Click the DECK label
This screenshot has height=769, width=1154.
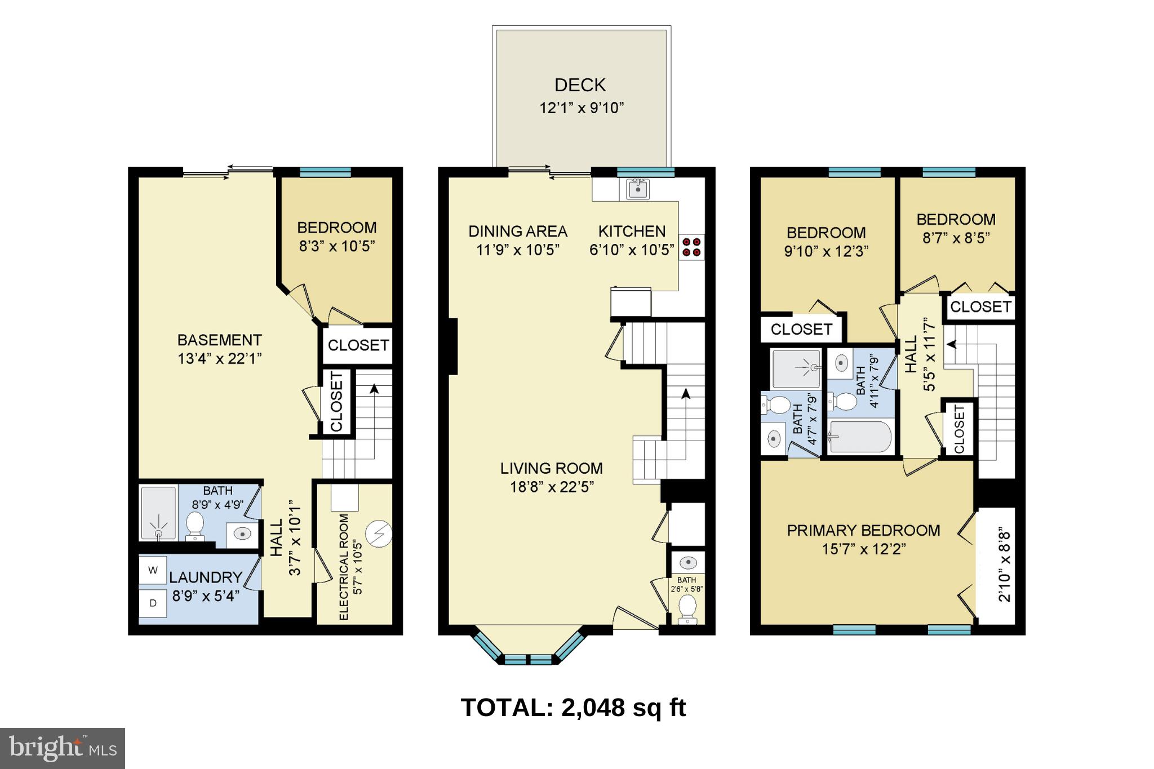point(580,85)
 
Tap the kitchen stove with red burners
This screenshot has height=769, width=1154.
point(691,247)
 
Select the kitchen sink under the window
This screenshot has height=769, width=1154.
point(637,189)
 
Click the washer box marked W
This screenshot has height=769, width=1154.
point(153,570)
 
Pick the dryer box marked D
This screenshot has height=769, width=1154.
point(153,603)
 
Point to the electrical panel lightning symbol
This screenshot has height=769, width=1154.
point(378,534)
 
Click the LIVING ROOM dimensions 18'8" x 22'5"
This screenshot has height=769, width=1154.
point(552,487)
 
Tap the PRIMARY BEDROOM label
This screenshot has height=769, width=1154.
point(863,531)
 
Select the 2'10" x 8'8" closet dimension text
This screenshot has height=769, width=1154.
point(1004,565)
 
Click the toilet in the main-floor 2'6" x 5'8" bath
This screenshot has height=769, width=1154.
point(687,609)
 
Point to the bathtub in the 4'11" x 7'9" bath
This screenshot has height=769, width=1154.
point(860,437)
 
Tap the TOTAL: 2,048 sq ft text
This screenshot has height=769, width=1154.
point(573,708)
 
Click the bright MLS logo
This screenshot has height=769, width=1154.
point(63,748)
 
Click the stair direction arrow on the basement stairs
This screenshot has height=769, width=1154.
point(373,389)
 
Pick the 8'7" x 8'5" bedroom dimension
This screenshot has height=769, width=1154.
point(956,238)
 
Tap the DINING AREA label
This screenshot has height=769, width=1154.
point(518,231)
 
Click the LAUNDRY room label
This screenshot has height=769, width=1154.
point(206,577)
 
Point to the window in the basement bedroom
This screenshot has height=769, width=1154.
point(325,172)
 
